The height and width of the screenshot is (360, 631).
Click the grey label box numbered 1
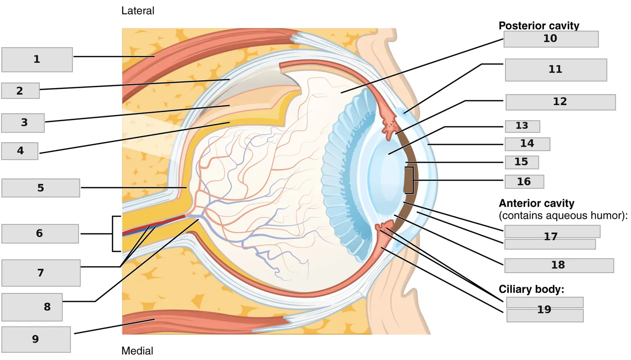tap(37, 60)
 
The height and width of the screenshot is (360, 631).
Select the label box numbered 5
tap(40, 188)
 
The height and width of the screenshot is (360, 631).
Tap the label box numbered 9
tap(36, 339)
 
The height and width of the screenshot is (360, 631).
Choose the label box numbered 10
tap(551, 39)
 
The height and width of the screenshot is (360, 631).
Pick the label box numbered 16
tap(524, 182)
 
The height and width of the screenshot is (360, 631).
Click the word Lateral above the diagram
tap(138, 11)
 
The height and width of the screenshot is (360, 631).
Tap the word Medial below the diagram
tap(137, 351)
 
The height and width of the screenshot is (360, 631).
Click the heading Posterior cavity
tap(539, 26)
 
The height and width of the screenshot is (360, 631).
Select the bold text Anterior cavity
tap(536, 203)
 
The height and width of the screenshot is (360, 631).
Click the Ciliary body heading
tap(531, 289)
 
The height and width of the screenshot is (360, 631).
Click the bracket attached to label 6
tap(113, 234)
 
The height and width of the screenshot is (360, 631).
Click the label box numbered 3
tap(23, 123)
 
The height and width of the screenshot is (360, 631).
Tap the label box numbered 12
tap(561, 102)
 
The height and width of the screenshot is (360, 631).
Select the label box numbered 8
tap(32, 307)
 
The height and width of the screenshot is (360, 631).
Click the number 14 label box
tap(528, 144)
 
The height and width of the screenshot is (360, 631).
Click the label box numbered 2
tap(20, 91)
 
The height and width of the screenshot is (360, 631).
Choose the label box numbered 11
tap(556, 70)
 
